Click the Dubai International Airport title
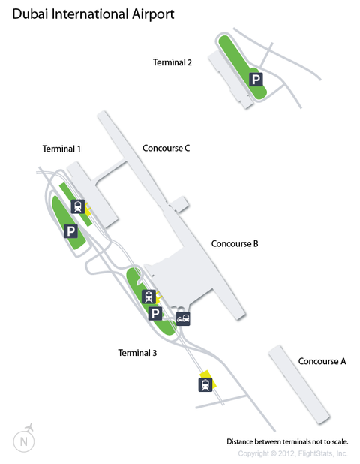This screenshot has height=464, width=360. [93, 14]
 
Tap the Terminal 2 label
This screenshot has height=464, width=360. [172, 62]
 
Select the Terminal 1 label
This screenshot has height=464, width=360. [61, 149]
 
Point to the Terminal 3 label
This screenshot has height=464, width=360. [137, 353]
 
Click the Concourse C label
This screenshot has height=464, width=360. [166, 148]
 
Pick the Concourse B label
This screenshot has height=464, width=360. [235, 243]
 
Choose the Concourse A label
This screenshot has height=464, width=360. [322, 361]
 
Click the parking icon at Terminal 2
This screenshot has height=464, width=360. [256, 80]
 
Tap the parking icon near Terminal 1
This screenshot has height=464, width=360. [71, 230]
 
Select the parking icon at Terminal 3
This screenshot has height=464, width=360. [155, 313]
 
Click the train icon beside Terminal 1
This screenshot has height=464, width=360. [78, 206]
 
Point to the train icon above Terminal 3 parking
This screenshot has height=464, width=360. [149, 297]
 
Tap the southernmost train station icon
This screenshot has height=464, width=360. [205, 385]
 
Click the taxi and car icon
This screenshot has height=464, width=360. [183, 318]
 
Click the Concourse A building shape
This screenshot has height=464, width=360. [299, 384]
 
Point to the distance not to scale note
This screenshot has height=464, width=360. [287, 441]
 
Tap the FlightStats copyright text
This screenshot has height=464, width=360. [293, 453]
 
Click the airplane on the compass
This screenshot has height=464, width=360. [29, 428]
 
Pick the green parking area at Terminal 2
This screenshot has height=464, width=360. [242, 67]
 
